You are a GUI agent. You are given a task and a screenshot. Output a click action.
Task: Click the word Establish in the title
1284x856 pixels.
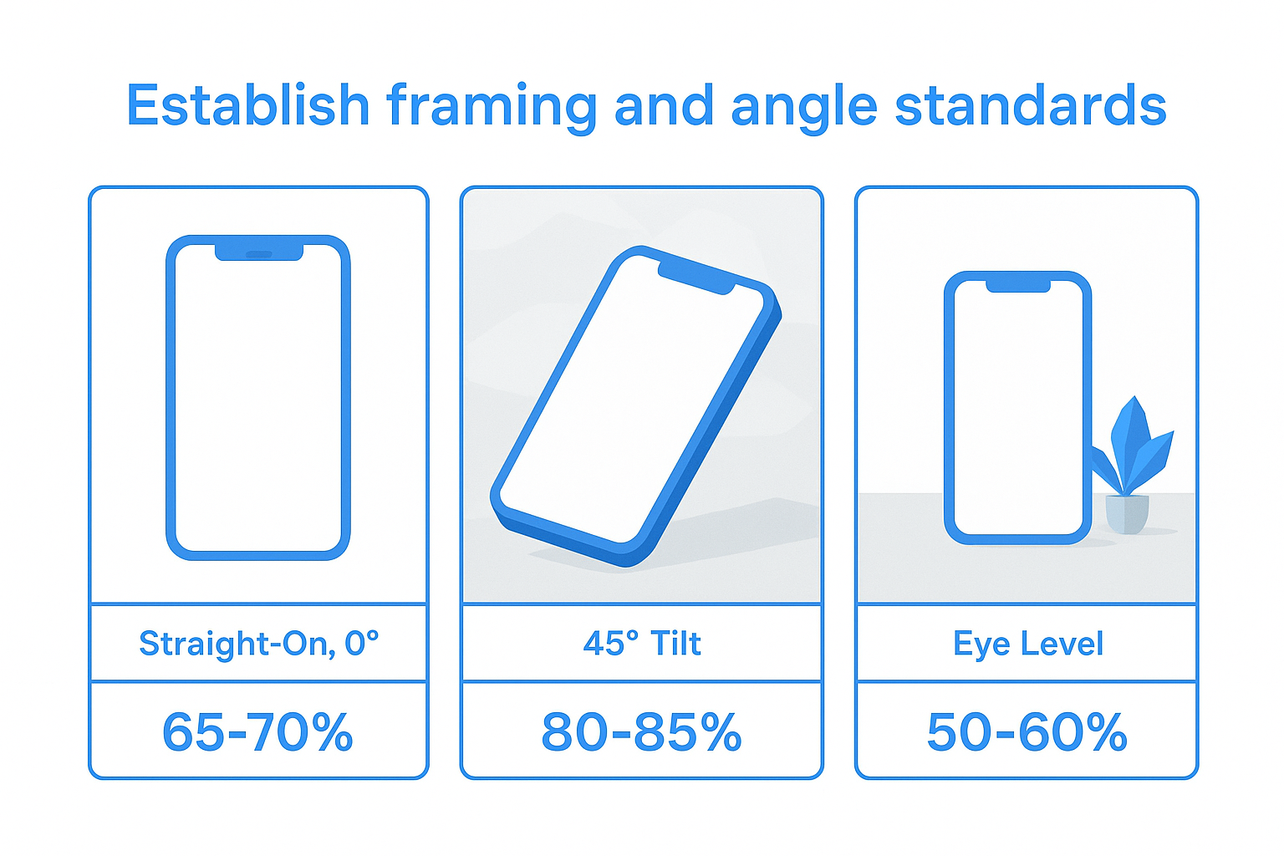(x=247, y=106)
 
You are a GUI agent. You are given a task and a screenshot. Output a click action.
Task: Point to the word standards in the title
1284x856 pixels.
(x=1030, y=106)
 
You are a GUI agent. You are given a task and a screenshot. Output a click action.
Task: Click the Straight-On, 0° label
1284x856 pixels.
(x=258, y=644)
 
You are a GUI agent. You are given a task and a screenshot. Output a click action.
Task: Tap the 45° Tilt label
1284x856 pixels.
(x=642, y=644)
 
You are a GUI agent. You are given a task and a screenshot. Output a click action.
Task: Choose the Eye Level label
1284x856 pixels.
(x=1027, y=644)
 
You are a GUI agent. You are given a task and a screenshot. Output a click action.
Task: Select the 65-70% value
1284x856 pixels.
(x=258, y=732)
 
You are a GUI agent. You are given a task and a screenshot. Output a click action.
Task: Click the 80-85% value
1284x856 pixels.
(x=642, y=732)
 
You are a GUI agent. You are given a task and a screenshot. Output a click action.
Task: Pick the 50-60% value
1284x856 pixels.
(x=1027, y=732)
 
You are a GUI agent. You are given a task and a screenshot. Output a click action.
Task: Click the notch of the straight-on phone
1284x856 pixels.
(x=259, y=252)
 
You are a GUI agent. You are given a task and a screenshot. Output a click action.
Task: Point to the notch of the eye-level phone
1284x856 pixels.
(x=1017, y=286)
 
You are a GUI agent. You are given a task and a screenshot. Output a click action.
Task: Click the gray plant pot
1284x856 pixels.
(x=1127, y=513)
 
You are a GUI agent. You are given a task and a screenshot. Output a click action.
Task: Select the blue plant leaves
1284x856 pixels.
(x=1134, y=443)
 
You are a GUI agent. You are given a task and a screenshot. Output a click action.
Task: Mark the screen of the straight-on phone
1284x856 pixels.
(x=258, y=401)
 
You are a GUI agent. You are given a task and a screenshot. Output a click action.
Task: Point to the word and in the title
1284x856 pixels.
(x=664, y=106)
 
